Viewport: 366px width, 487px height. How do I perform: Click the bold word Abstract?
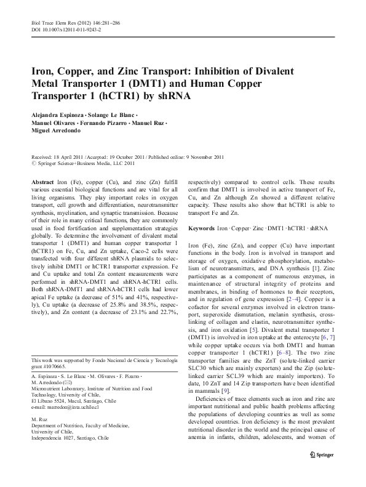click(42, 183)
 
